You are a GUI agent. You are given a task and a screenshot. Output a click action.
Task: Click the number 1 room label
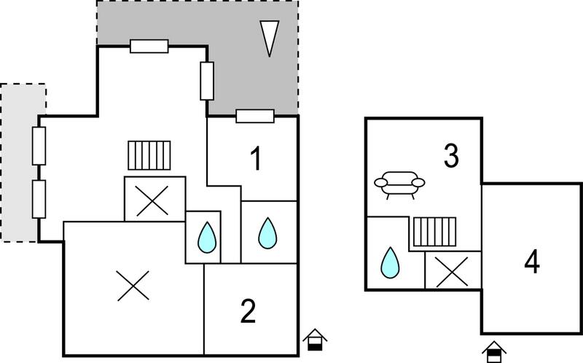[x=256, y=159]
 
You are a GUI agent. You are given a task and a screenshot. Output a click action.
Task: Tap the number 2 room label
[x=248, y=311]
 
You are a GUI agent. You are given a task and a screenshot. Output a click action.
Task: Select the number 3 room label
[x=451, y=156]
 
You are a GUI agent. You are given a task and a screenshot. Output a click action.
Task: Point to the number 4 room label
[x=532, y=262]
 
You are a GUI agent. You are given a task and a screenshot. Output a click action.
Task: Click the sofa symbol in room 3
[x=399, y=185]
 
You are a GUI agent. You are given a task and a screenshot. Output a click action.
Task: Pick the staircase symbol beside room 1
[x=149, y=155]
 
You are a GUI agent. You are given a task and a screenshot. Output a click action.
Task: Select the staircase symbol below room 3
[x=434, y=232]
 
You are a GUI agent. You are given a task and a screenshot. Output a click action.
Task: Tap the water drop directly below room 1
[x=267, y=233]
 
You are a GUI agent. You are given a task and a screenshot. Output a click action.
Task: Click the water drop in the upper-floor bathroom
[x=390, y=262]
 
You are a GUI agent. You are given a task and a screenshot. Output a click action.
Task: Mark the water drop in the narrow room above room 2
[x=207, y=238]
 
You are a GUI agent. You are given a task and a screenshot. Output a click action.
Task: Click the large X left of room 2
[x=133, y=286]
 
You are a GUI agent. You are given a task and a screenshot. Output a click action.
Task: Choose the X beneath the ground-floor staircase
[x=152, y=201]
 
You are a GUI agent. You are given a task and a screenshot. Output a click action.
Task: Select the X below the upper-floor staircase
[x=452, y=273]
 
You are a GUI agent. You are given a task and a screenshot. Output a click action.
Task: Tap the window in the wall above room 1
[x=255, y=116]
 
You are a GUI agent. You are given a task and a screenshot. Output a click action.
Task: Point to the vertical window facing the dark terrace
[x=207, y=81]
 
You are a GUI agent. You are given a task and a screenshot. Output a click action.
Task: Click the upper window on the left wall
[x=39, y=146]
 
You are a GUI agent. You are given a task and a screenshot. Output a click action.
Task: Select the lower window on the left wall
[x=39, y=199]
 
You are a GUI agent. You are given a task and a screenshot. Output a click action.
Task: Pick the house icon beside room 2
[x=315, y=340]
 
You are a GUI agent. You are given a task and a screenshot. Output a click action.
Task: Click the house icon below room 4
[x=494, y=352]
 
